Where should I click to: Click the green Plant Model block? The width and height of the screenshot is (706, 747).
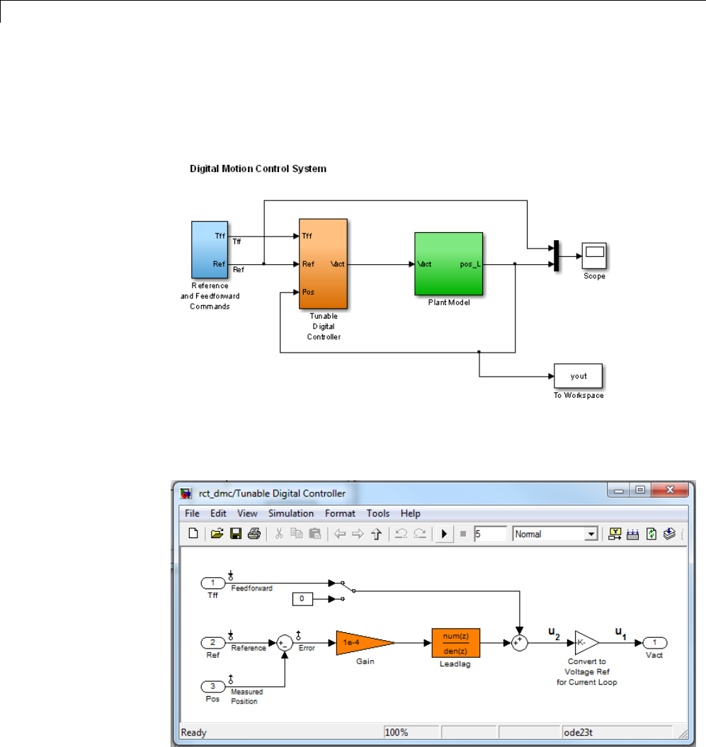(x=448, y=264)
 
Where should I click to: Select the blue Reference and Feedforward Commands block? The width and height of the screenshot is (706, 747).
(x=210, y=250)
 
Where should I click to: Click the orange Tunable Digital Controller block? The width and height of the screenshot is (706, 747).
(x=324, y=263)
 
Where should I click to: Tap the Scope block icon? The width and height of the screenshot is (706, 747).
(x=594, y=254)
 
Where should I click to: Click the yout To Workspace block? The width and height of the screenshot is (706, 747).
(x=578, y=376)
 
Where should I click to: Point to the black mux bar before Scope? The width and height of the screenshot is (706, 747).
(x=557, y=256)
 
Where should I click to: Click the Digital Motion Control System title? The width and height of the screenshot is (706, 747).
(x=258, y=169)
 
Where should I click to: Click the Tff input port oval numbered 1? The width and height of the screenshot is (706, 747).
(x=212, y=583)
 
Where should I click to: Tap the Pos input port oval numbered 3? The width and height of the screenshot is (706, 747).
(x=212, y=686)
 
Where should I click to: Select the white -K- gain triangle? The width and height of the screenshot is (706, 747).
(x=584, y=642)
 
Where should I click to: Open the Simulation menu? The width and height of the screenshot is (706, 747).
(x=290, y=513)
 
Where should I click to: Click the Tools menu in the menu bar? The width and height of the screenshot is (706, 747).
(x=377, y=513)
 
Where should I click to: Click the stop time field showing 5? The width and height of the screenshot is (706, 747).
(x=490, y=535)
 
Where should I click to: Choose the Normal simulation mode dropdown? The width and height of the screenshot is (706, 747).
(x=556, y=535)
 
